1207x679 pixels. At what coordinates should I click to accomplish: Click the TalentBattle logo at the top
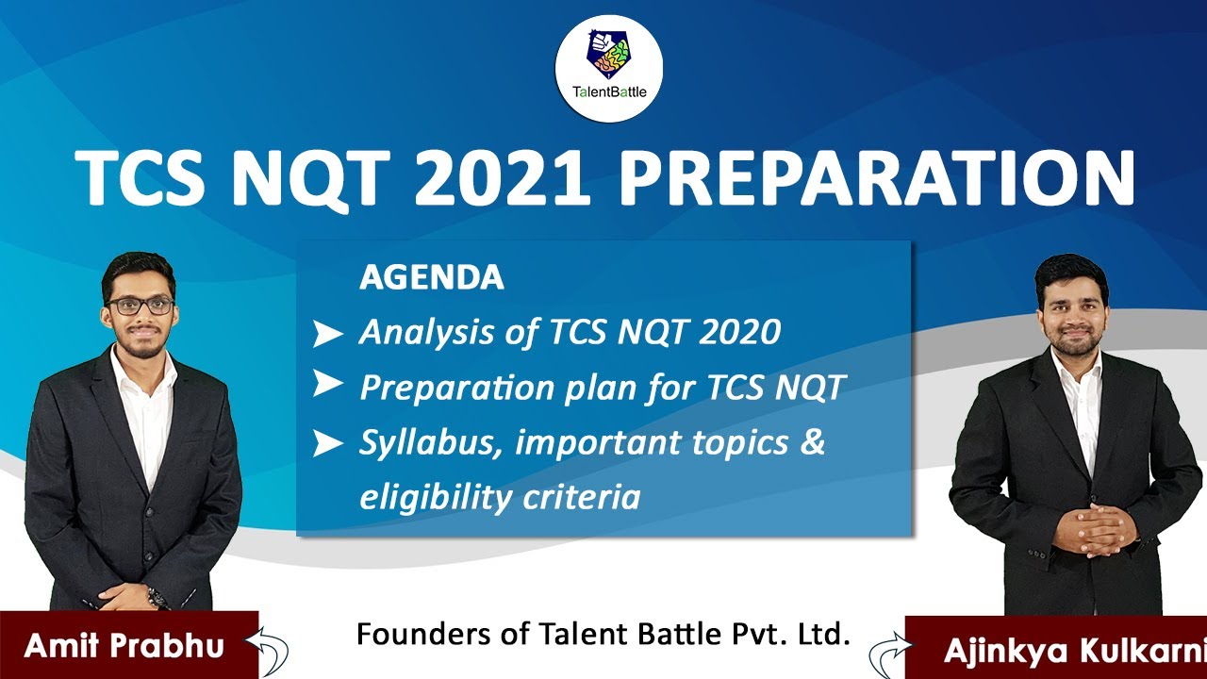pos(608,67)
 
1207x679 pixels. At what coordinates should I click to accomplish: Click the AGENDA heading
pos(431,277)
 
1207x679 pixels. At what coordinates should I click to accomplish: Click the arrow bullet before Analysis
pos(327,334)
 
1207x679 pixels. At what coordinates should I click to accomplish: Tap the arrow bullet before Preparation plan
pos(327,384)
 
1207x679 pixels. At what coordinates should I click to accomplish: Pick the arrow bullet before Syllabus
pos(327,443)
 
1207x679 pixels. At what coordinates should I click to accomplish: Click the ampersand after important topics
pos(812,442)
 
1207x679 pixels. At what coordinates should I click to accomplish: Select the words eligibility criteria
pos(499,496)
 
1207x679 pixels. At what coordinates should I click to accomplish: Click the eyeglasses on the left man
pos(141,306)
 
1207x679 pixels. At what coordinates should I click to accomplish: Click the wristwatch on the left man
pos(156,598)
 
